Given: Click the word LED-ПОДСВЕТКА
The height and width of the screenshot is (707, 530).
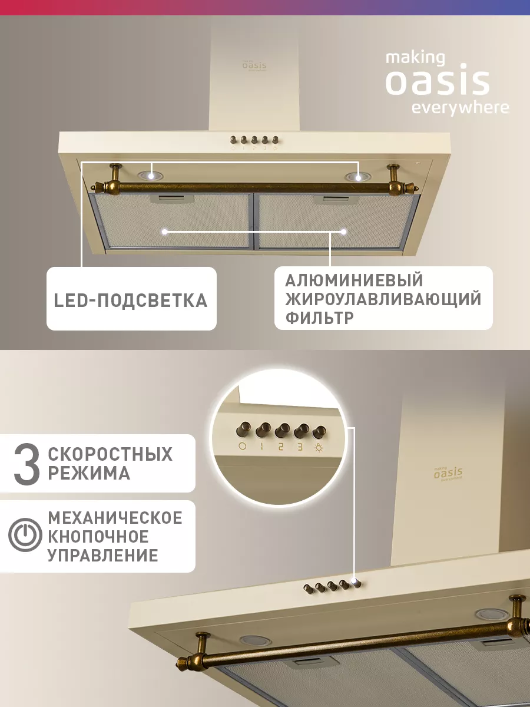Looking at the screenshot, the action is [x=131, y=300].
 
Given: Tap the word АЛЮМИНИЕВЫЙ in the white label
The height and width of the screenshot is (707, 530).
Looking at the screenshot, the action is [x=354, y=280].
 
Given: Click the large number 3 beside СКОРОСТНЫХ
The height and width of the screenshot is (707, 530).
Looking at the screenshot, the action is [x=27, y=464].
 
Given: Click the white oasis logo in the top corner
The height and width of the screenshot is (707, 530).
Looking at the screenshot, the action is [x=447, y=84].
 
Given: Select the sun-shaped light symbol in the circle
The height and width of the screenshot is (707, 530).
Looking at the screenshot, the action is [x=319, y=447].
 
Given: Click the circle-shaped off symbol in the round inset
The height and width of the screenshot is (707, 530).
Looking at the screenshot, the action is [x=242, y=446].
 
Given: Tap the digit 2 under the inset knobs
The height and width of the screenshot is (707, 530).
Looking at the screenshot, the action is [x=281, y=447].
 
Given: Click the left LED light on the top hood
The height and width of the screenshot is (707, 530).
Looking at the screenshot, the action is [x=150, y=176].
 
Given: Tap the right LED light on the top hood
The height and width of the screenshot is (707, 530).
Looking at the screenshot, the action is [x=358, y=177].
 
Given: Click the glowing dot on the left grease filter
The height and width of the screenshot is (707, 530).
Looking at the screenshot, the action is [x=164, y=232].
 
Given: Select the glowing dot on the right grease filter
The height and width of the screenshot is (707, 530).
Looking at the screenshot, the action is [x=344, y=232].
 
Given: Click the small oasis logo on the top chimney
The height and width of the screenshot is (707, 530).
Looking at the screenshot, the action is [x=254, y=65].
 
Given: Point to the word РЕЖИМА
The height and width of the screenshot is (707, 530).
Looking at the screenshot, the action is [x=89, y=473].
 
